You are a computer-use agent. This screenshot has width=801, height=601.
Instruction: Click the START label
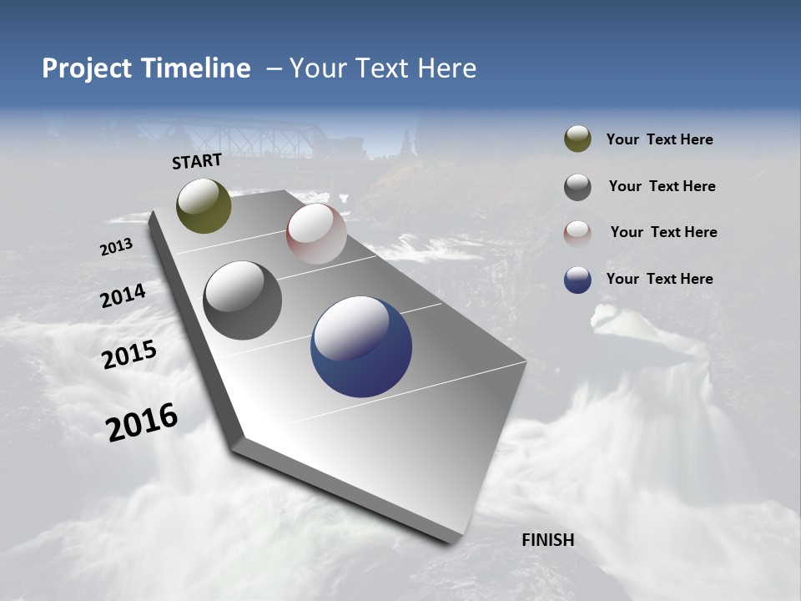click(197, 161)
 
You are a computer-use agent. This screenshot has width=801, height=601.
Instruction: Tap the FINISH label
click(547, 540)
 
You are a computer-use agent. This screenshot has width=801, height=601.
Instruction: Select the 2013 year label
click(116, 247)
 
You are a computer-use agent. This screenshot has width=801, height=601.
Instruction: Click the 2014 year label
click(123, 296)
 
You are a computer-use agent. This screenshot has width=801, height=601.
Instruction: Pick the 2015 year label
click(128, 355)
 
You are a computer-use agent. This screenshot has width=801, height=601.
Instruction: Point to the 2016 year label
click(142, 422)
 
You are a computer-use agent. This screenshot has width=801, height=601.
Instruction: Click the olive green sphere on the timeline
click(204, 205)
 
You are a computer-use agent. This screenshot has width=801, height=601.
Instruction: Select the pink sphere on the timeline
click(316, 234)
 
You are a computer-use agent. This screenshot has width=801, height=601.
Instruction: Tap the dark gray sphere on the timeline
click(242, 300)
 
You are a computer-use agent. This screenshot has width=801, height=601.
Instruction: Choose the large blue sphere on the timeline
click(361, 346)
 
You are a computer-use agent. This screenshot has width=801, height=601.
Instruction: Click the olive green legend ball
click(577, 139)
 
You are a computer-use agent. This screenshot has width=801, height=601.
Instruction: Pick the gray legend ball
click(577, 187)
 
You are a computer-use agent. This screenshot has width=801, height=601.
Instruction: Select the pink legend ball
click(577, 233)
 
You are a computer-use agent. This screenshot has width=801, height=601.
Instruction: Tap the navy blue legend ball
click(577, 280)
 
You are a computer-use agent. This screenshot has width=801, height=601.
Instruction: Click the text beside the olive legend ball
click(659, 139)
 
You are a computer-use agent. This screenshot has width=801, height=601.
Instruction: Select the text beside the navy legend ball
click(659, 279)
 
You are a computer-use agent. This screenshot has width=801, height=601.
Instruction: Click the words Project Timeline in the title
click(146, 68)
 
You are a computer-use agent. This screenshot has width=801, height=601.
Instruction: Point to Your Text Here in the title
click(382, 68)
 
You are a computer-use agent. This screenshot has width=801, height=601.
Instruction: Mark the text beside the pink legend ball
click(663, 232)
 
